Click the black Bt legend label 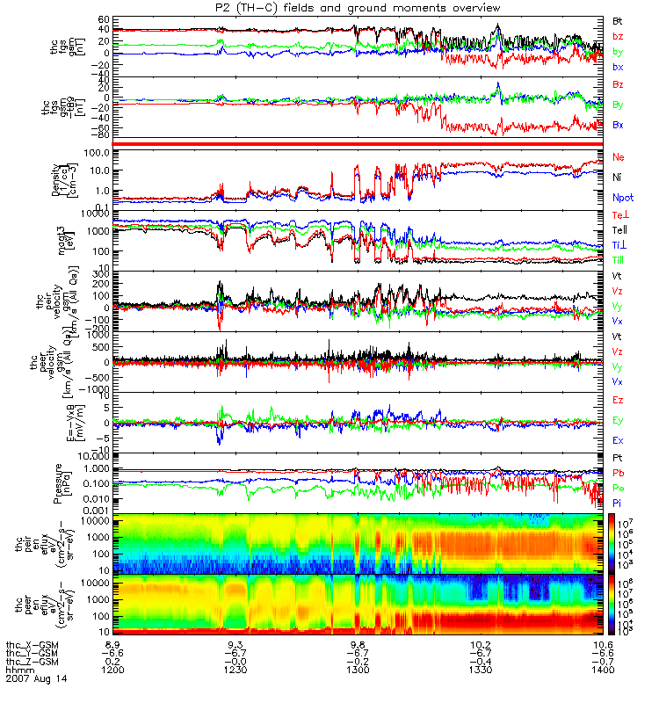click(x=618, y=18)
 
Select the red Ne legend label click(x=618, y=157)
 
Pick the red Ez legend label click(x=618, y=400)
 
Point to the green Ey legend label click(x=618, y=420)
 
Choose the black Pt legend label click(x=618, y=460)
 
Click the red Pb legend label click(x=618, y=473)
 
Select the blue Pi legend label click(x=618, y=501)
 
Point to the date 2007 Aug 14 click(x=37, y=679)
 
